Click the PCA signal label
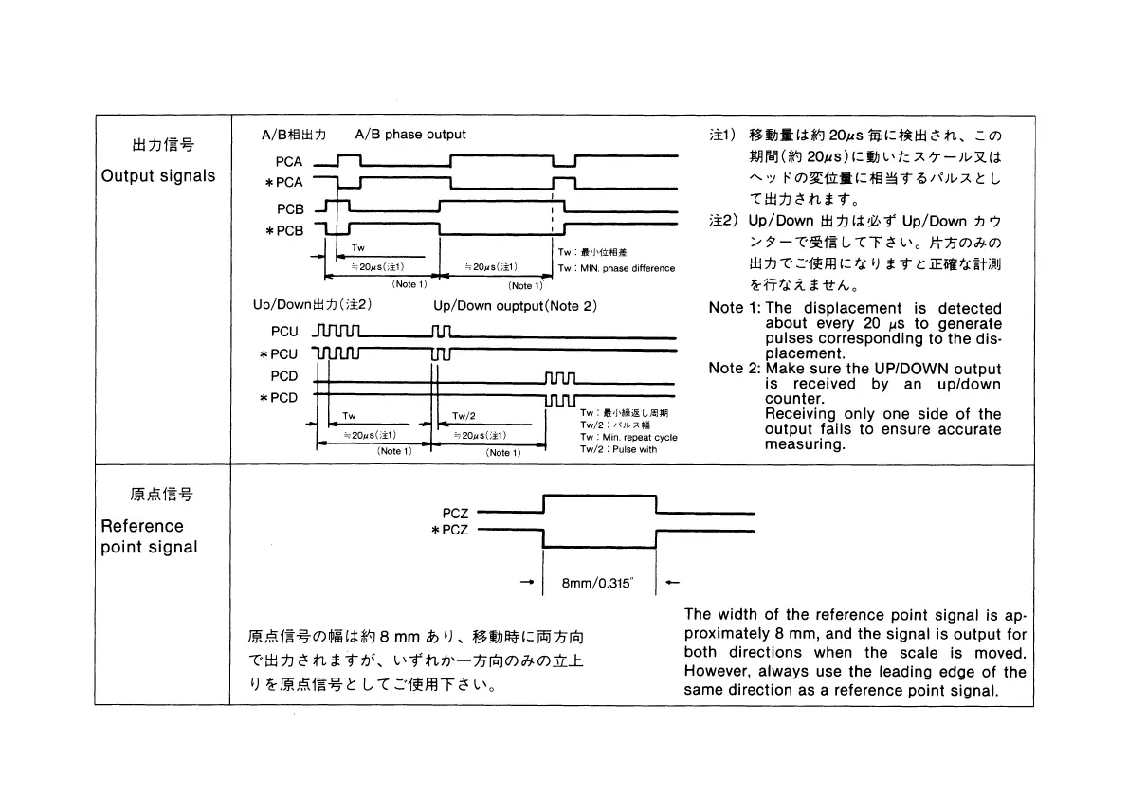(x=289, y=162)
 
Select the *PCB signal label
(x=284, y=230)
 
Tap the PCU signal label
(x=283, y=332)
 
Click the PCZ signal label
(x=455, y=513)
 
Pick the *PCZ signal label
(x=450, y=530)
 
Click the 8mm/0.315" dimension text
(x=597, y=584)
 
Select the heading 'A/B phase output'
(x=409, y=135)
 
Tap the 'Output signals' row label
(x=158, y=176)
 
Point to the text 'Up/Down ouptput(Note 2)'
(x=515, y=306)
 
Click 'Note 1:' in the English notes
(x=735, y=308)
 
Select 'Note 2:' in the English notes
(x=735, y=369)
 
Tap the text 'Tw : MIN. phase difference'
(x=616, y=268)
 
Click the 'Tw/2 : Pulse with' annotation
(x=618, y=449)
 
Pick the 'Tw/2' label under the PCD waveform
(x=464, y=416)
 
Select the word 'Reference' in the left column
(x=142, y=526)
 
